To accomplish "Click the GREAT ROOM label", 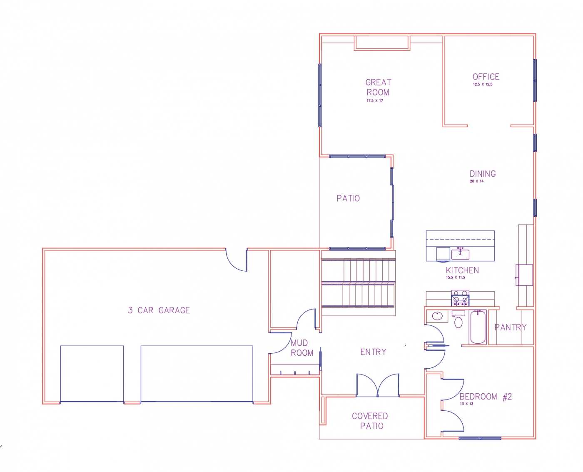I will tap(378, 87).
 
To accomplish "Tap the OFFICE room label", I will tap(486, 77).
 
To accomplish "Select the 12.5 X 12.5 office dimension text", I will tap(482, 85).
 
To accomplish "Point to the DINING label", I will tap(483, 174).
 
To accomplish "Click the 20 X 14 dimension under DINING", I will tap(476, 181).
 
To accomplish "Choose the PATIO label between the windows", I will tap(348, 198).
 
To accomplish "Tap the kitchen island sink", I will tap(460, 253).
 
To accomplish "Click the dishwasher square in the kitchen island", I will tap(443, 254).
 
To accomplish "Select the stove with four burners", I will tap(460, 299).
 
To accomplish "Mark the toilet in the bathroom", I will tap(458, 321).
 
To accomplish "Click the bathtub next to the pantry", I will tap(478, 327).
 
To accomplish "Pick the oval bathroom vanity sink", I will tap(437, 316).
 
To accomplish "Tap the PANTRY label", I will tap(511, 327).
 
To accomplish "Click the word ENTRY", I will tap(373, 352).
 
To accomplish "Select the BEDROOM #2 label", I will tap(486, 397).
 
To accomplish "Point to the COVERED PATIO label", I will tap(370, 421).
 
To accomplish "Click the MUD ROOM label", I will tap(301, 348).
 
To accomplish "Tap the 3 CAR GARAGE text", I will tap(159, 310).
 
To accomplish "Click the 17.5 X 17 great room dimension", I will tap(375, 101).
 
